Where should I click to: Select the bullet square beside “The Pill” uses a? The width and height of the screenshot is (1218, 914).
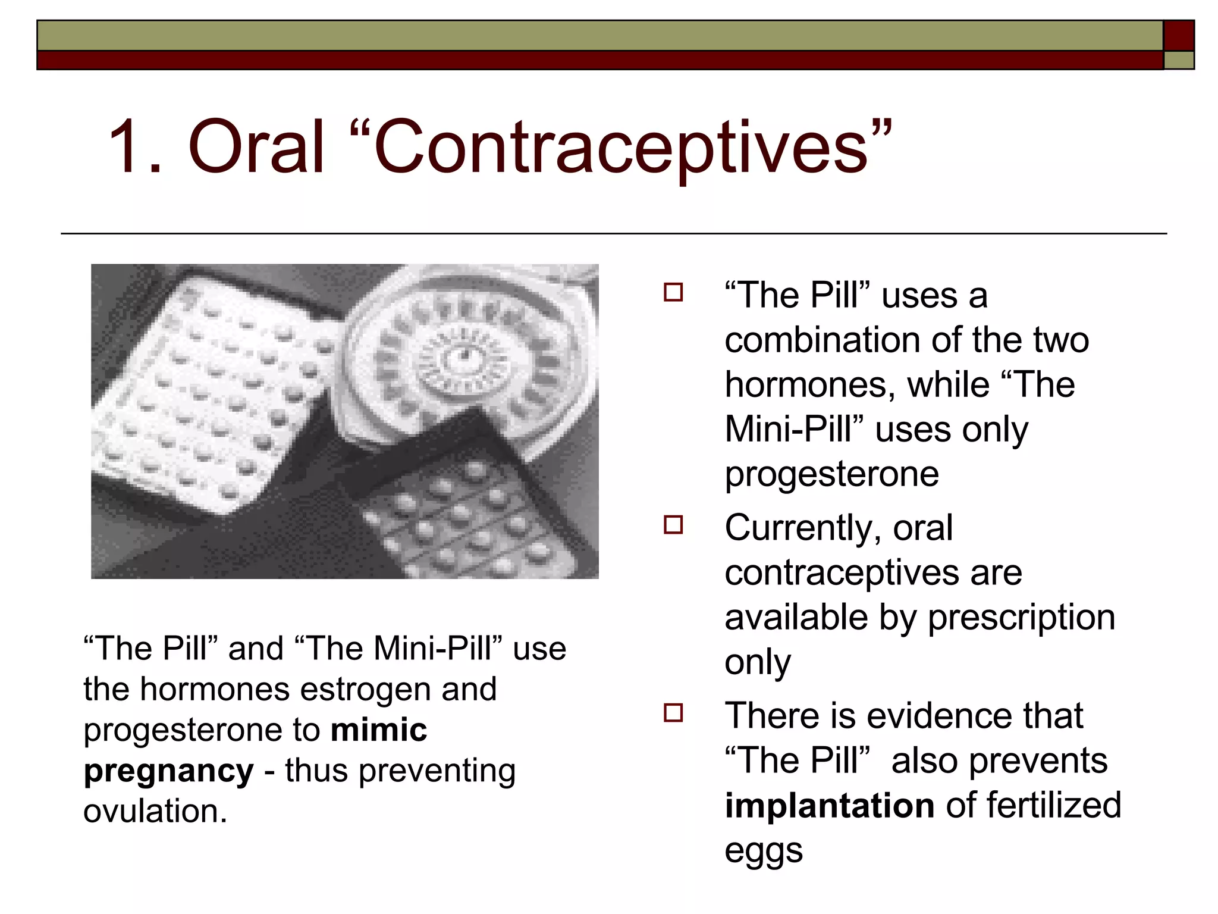tap(673, 292)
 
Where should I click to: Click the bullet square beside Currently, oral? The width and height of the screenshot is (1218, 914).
tap(673, 525)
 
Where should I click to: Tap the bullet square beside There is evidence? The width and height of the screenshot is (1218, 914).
tap(673, 712)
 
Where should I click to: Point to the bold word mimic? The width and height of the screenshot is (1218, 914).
tap(379, 730)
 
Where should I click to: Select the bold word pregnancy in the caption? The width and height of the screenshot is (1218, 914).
tap(169, 772)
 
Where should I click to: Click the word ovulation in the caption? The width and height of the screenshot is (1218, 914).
tap(155, 811)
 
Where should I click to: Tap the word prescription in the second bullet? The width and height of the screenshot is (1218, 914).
tap(1021, 618)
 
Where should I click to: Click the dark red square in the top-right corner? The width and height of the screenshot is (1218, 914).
tap(1179, 36)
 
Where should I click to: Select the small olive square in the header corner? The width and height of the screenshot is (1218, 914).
tap(1179, 60)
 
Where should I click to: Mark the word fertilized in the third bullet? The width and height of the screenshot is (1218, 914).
tap(1053, 806)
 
